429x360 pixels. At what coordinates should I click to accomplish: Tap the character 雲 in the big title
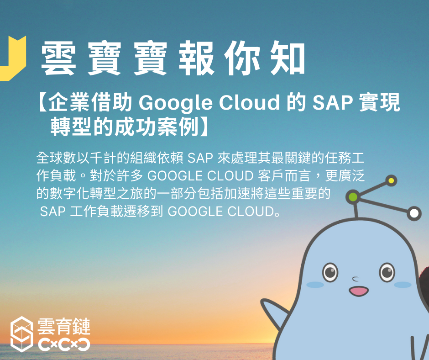click(58, 58)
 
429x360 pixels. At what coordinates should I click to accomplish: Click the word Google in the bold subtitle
click(176, 103)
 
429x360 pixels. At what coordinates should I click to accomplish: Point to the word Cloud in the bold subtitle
click(249, 102)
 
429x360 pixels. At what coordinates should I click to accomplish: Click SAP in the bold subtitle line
click(332, 102)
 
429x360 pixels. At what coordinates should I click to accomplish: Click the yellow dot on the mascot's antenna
click(391, 181)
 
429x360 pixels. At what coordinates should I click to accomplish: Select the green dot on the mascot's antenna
click(353, 197)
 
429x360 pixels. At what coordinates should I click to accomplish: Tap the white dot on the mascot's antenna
click(414, 213)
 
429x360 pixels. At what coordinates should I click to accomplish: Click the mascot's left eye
click(330, 272)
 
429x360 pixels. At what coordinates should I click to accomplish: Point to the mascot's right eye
click(387, 272)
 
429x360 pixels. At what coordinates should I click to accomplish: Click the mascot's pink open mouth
click(359, 291)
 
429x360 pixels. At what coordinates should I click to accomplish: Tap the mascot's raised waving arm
click(273, 312)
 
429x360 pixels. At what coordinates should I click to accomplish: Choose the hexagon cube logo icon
click(22, 334)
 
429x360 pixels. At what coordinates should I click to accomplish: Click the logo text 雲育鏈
click(64, 326)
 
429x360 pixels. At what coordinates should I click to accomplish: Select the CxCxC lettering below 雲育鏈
click(64, 344)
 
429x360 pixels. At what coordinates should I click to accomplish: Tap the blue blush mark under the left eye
click(315, 285)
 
